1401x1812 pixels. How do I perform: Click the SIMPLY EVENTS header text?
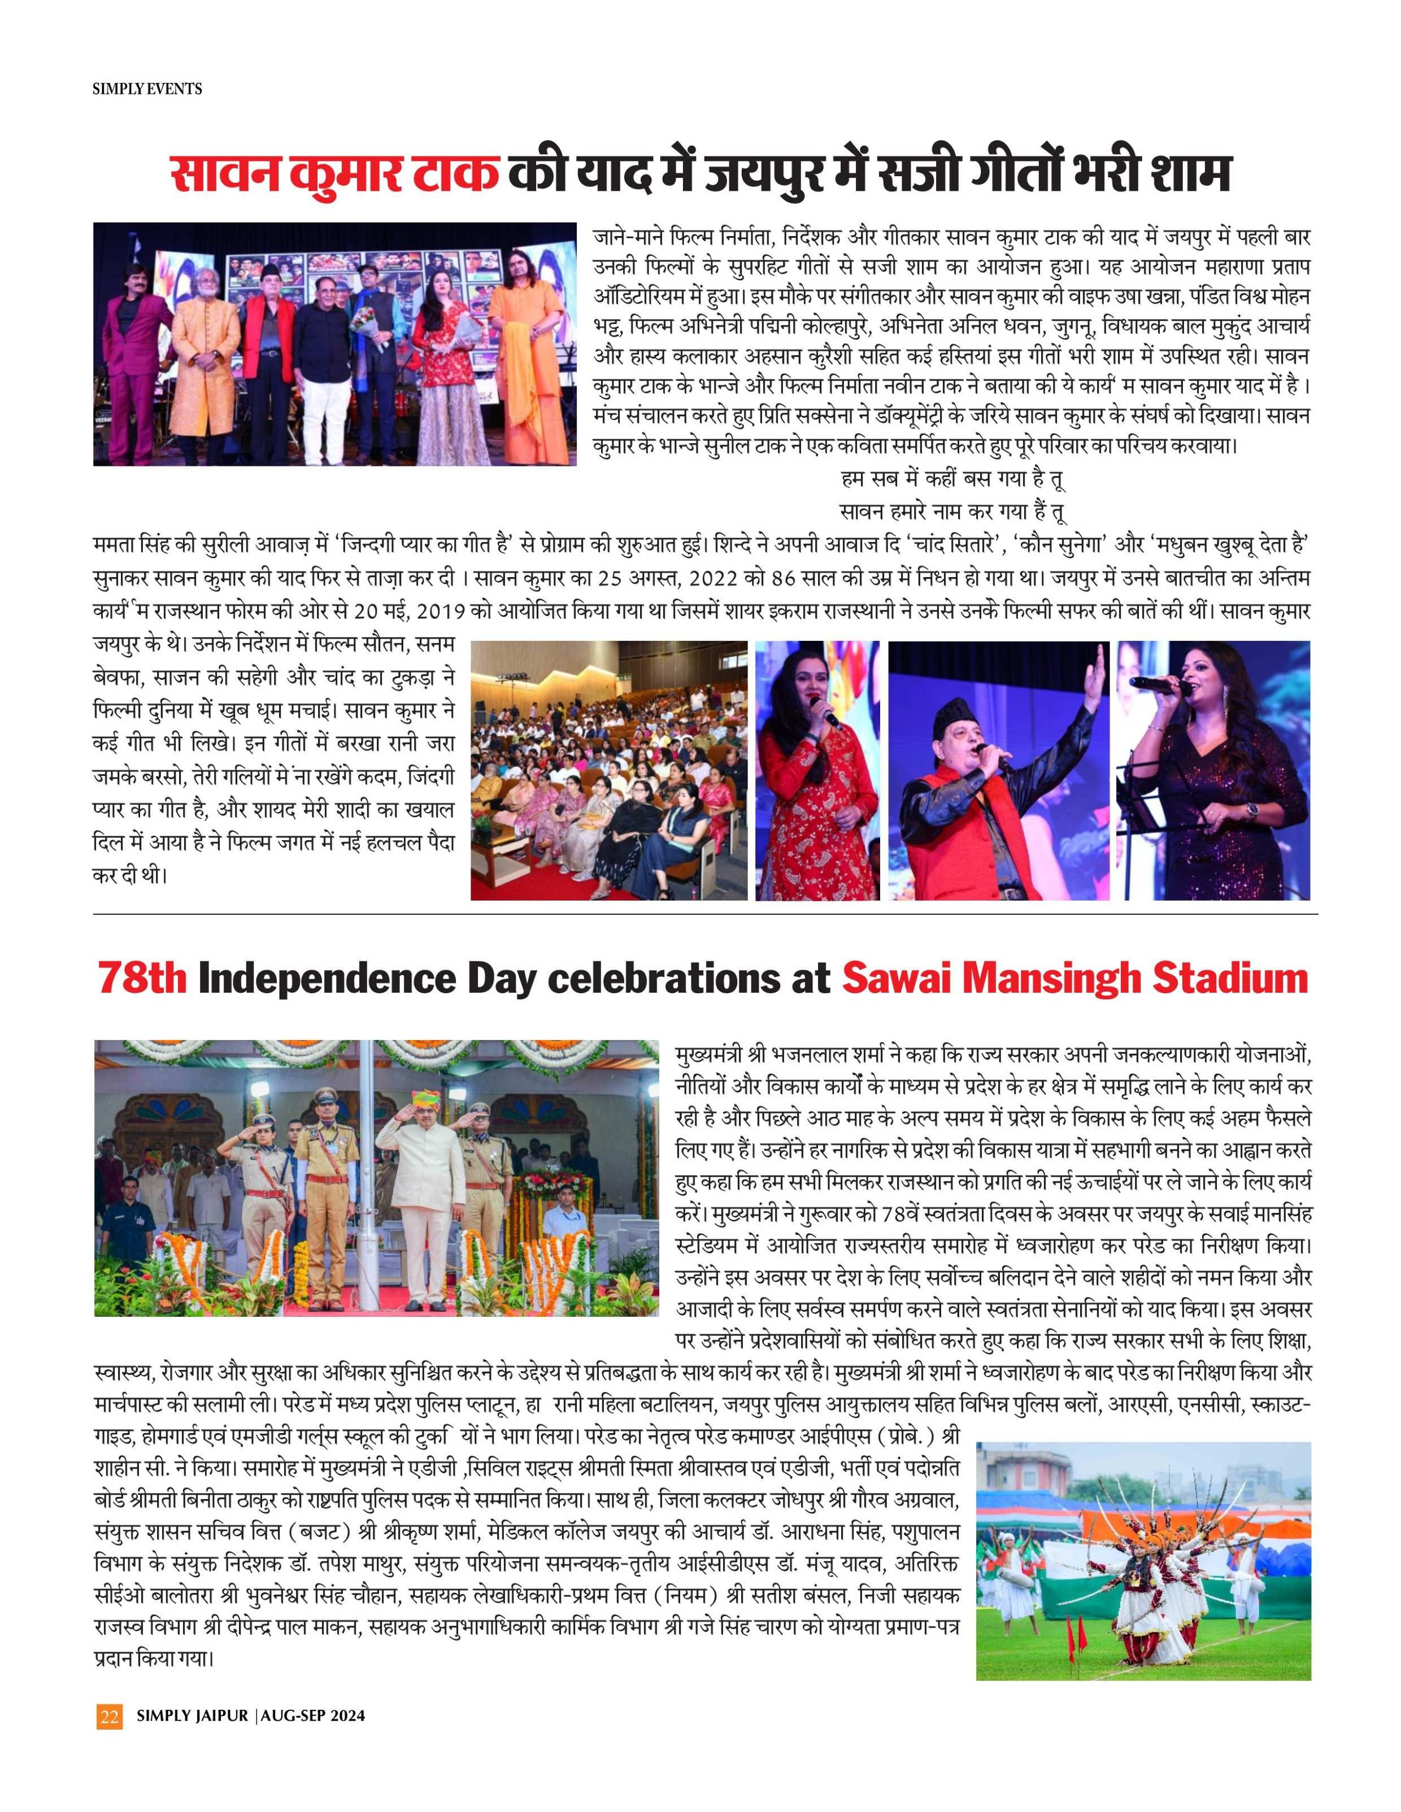pyautogui.click(x=147, y=88)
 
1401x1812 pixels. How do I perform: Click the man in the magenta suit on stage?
pyautogui.click(x=126, y=348)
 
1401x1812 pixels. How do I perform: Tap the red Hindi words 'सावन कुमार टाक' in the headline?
pyautogui.click(x=334, y=175)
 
